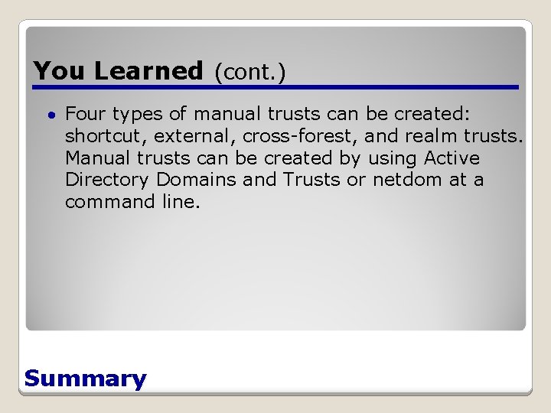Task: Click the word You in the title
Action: [60, 71]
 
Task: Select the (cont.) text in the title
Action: [249, 72]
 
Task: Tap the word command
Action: [106, 202]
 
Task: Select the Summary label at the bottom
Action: [85, 379]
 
